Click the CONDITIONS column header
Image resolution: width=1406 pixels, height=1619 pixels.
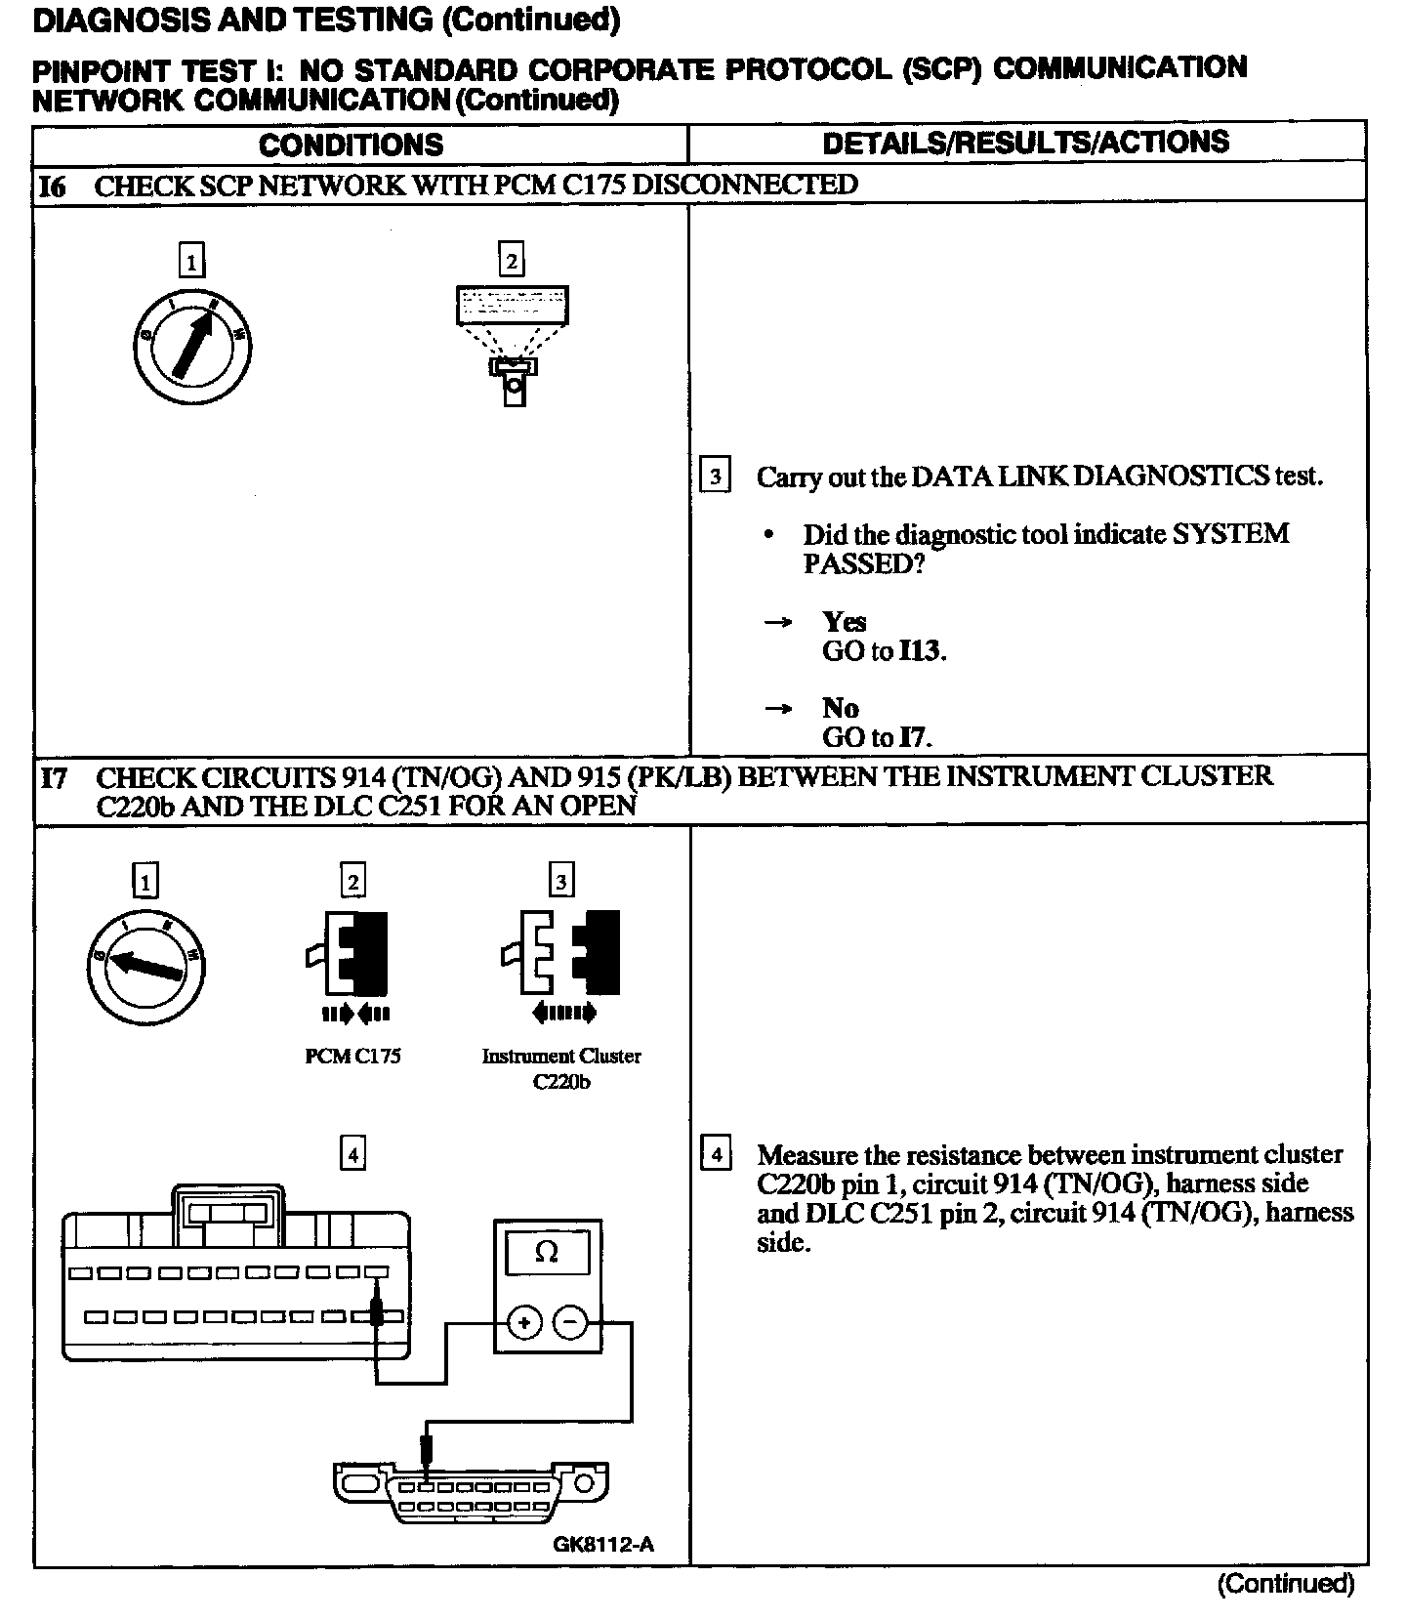point(351,145)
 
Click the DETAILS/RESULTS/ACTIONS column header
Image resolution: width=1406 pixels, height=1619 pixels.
point(1025,143)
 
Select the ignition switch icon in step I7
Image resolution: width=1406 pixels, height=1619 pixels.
point(145,966)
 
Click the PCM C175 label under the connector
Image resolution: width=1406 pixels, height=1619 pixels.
point(352,1057)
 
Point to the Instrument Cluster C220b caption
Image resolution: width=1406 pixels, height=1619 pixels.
point(561,1068)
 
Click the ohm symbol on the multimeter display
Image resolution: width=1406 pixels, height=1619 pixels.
point(547,1253)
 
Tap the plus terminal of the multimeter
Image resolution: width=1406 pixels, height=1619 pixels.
point(525,1323)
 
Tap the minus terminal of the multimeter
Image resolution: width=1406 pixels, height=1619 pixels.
point(571,1323)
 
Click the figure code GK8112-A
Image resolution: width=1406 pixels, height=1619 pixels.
point(603,1544)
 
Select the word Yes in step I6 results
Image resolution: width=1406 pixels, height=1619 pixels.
point(844,622)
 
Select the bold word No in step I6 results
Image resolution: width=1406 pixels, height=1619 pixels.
point(840,708)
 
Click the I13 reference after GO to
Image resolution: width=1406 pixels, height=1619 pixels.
point(921,651)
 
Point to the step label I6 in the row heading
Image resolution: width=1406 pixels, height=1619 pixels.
point(52,186)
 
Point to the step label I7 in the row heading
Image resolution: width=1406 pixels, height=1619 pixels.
point(54,778)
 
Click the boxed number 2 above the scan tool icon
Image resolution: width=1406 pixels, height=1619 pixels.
point(511,261)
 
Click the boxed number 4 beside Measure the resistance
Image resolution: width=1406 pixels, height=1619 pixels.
point(716,1155)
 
